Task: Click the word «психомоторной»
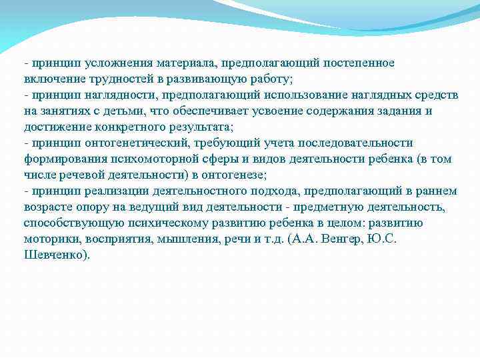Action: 147,159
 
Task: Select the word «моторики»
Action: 48,239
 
